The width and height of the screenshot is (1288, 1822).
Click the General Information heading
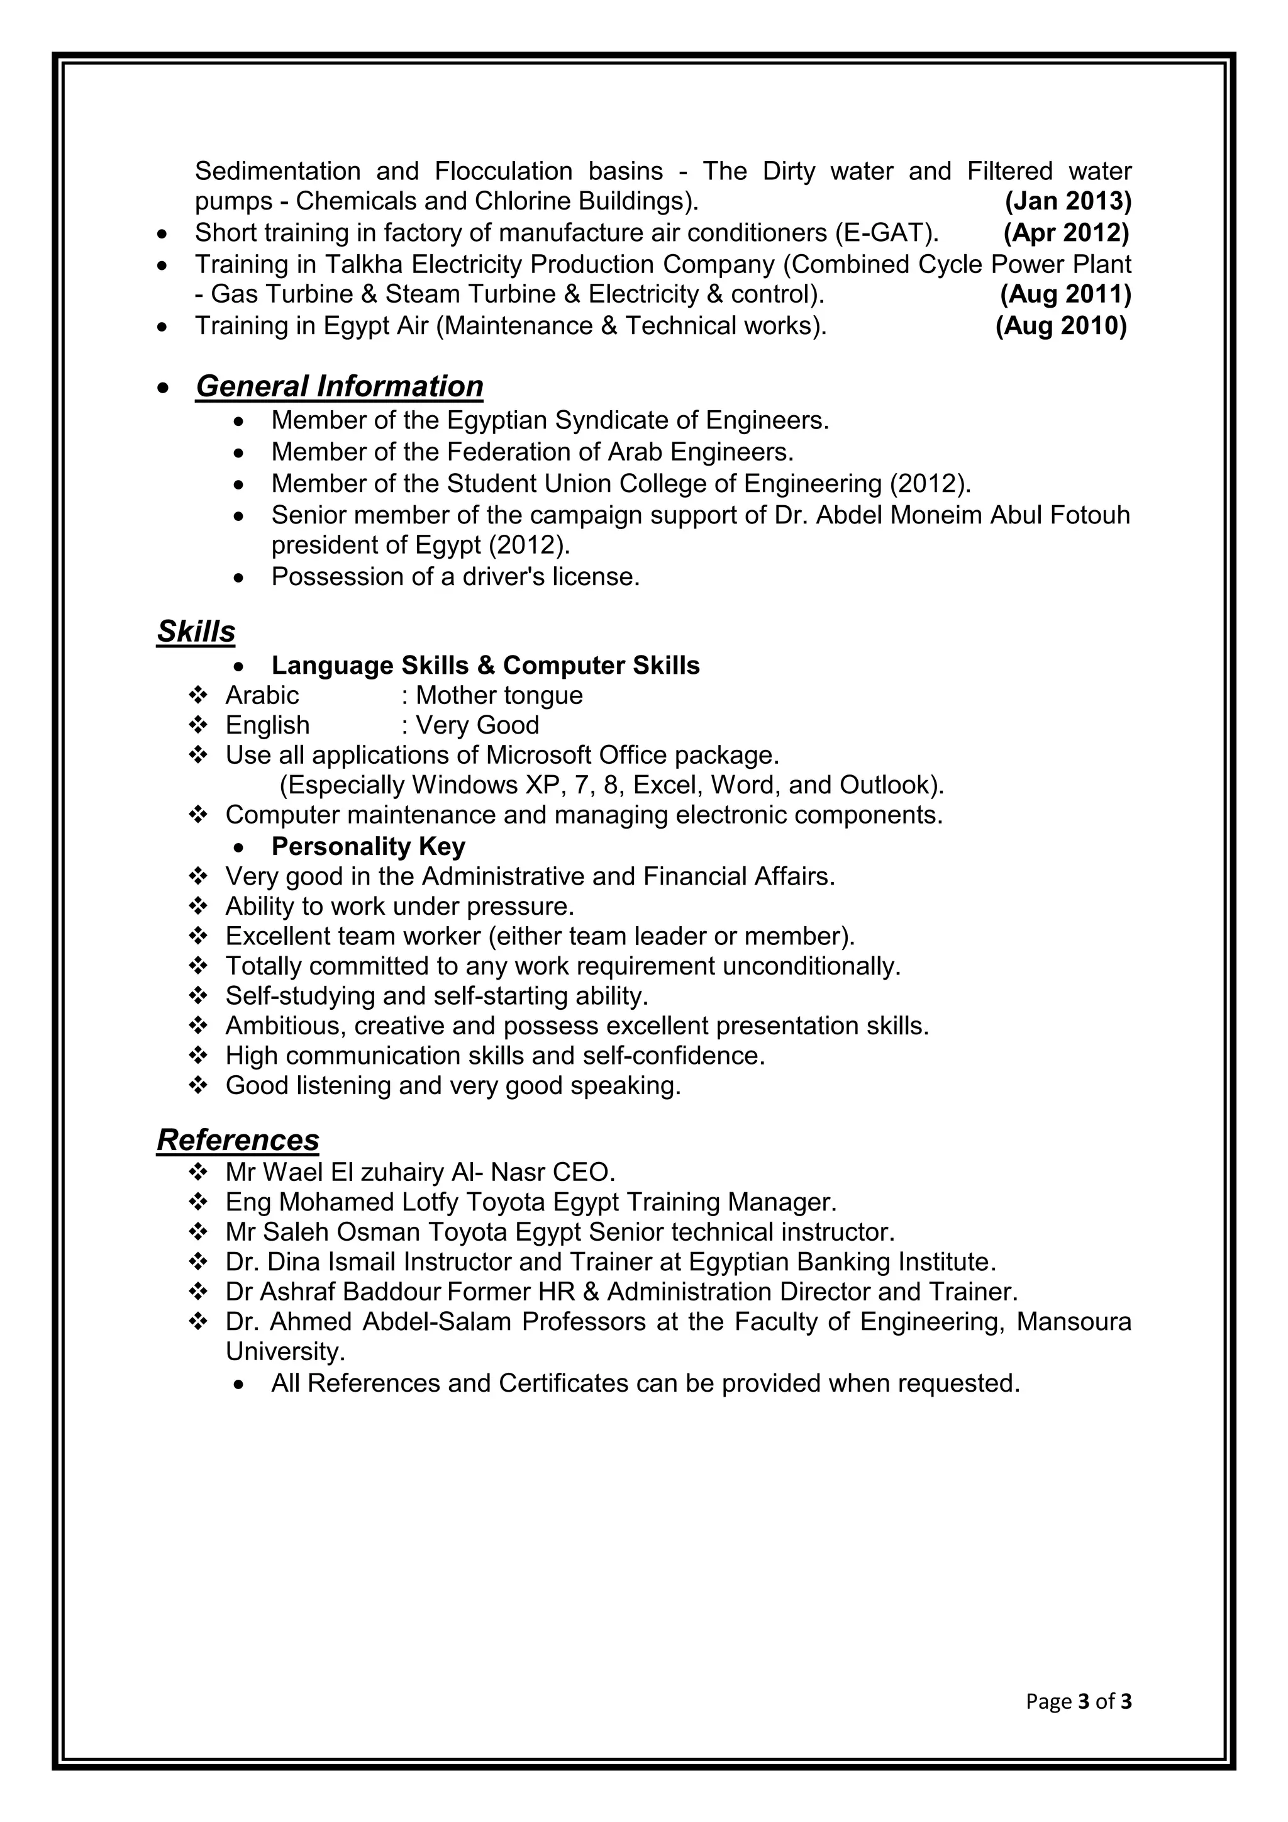[x=340, y=386]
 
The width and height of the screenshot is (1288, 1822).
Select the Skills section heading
[x=196, y=632]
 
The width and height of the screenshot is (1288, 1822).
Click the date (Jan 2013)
[x=1067, y=201]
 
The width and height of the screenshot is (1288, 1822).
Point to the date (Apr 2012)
[x=1066, y=233]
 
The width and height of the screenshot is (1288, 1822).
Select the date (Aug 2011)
[x=1065, y=294]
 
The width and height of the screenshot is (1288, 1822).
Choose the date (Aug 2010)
[x=1061, y=326]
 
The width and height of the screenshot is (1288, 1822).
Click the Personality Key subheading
[x=368, y=847]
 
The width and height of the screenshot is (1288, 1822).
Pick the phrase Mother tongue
[x=499, y=696]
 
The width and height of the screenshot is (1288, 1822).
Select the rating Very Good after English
[x=477, y=725]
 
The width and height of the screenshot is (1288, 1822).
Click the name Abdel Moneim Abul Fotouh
[x=972, y=516]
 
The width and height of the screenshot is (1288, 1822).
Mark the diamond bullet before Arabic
[x=198, y=696]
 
